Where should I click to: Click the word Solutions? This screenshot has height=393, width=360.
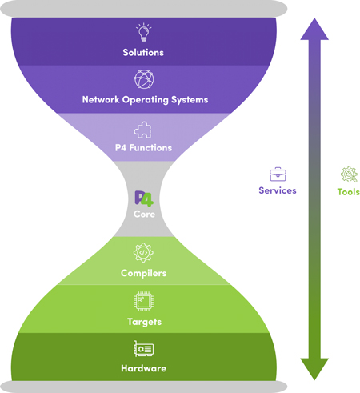click(x=143, y=52)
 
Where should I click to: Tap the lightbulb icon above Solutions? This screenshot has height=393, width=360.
click(x=144, y=32)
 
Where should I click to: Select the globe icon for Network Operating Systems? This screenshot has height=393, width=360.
click(x=144, y=79)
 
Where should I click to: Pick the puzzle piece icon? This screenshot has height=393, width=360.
click(x=142, y=130)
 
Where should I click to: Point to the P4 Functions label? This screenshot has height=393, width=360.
click(x=143, y=147)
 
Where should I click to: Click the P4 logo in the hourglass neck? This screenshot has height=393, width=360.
click(x=144, y=199)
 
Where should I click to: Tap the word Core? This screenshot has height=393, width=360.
click(x=144, y=214)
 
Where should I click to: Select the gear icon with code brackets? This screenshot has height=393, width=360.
click(x=143, y=252)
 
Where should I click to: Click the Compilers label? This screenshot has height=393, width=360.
click(x=143, y=273)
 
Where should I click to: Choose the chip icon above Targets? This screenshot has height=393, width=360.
click(x=144, y=301)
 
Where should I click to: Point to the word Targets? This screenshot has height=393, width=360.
click(x=144, y=322)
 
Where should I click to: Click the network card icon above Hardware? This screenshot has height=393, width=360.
click(x=144, y=349)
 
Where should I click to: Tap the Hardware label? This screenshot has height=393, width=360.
click(x=143, y=368)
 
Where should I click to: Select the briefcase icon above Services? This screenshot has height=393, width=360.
click(x=278, y=174)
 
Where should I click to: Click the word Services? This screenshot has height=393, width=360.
click(x=278, y=190)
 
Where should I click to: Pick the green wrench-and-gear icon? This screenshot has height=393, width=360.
click(x=349, y=174)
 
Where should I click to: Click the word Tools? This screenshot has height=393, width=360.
click(x=349, y=192)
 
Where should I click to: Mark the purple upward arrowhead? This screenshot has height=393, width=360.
click(x=314, y=30)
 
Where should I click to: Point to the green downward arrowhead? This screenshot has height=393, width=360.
click(x=314, y=369)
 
